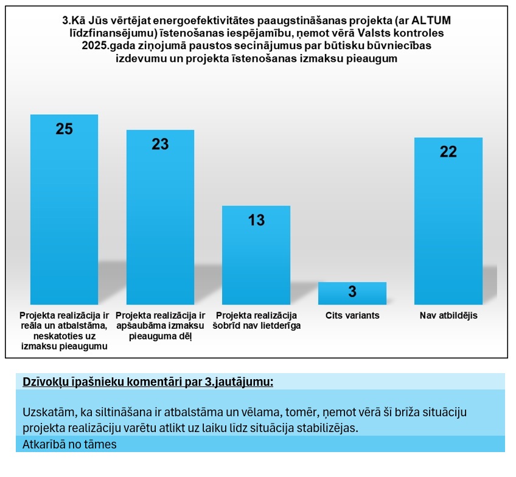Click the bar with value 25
point(64,213)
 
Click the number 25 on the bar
point(64,129)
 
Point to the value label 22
point(448,152)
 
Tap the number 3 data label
point(352,292)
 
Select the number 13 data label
point(256,220)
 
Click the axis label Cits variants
point(352,315)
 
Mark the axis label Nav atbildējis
point(448,315)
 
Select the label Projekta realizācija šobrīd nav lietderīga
point(256,320)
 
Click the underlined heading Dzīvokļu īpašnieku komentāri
point(148,382)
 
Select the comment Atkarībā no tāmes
point(69,444)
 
